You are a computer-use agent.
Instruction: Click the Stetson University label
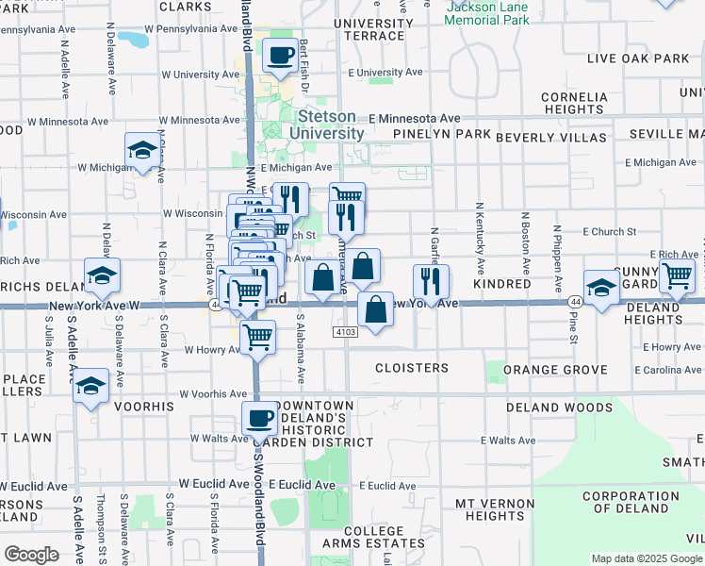coord(327,125)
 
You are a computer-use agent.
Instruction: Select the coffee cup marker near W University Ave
coord(279,56)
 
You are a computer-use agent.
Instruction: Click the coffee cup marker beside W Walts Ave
coord(259,418)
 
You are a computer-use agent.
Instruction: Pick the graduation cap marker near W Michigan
coord(143,150)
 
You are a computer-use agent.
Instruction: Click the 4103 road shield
coord(345,332)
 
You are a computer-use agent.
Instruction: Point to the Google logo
coord(32,555)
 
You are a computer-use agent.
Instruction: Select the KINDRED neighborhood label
coord(502,284)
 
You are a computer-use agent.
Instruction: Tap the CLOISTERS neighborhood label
coord(412,368)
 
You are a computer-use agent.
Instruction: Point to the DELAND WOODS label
coord(559,408)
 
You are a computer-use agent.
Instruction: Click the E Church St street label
coord(610,231)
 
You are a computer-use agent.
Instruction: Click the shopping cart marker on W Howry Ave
coord(257,336)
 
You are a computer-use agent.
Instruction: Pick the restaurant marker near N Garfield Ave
coord(431,281)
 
